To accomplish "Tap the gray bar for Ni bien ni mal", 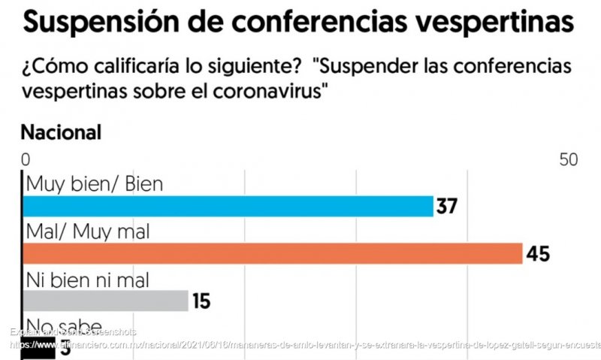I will [x=105, y=301].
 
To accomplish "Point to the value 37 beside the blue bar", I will [x=447, y=206].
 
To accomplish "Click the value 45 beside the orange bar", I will [x=537, y=254].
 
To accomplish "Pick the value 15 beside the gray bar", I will [x=201, y=302].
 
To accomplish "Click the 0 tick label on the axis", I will [x=26, y=160].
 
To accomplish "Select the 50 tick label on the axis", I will [x=568, y=160].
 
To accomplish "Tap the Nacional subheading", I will [x=61, y=133].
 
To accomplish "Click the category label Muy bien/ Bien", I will [x=94, y=183].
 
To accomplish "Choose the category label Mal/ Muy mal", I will [x=88, y=231].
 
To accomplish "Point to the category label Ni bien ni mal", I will [x=88, y=280].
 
